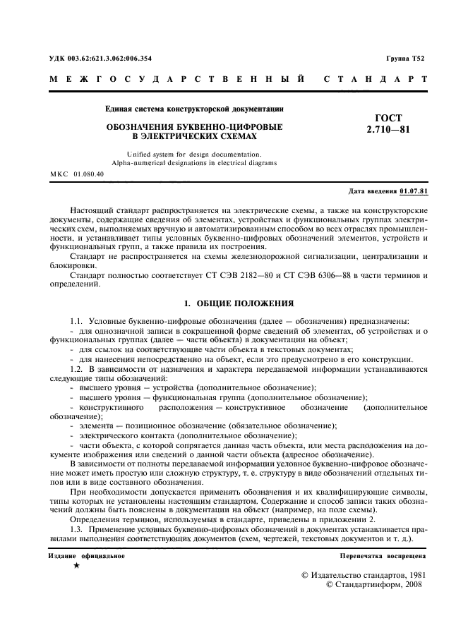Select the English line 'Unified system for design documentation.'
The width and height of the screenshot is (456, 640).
pos(194,153)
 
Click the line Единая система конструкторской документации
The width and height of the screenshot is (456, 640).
pos(194,109)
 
